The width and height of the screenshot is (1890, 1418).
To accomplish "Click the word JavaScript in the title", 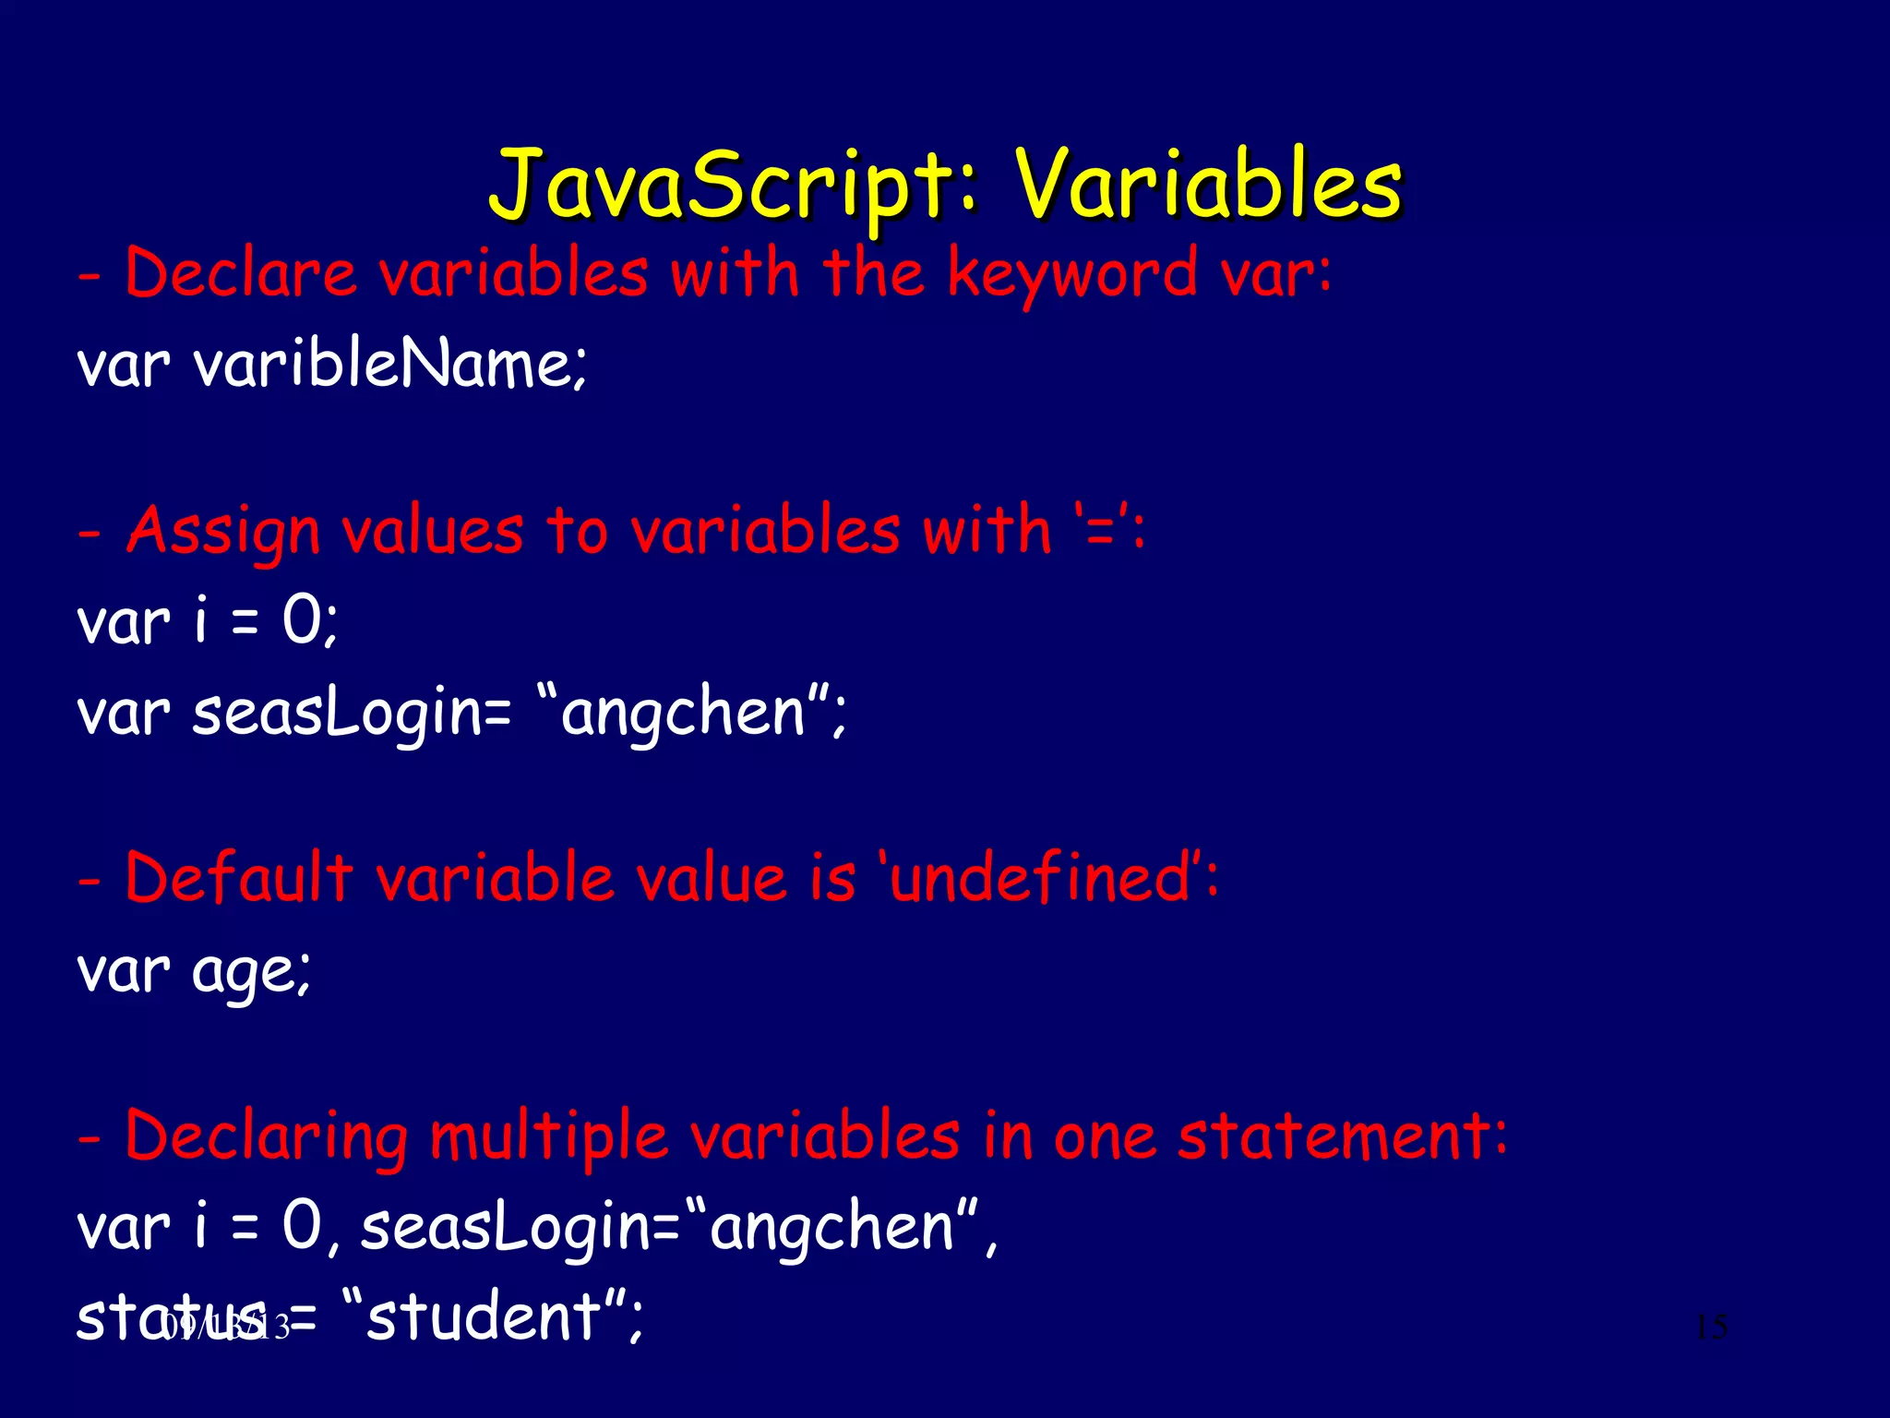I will [721, 185].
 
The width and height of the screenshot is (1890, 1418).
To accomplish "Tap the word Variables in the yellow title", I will [1209, 185].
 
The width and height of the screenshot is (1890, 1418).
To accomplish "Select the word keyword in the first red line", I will [1071, 275].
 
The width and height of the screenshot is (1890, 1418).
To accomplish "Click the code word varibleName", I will [388, 364].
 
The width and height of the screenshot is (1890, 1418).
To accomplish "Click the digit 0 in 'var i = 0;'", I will [302, 620].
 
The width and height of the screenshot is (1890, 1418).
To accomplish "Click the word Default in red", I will [239, 877].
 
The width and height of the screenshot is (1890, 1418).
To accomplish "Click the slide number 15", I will [1711, 1328].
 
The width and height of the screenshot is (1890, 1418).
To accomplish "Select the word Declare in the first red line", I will [241, 275].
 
